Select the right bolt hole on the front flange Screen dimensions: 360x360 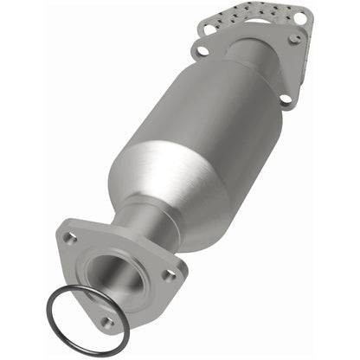click(x=170, y=274)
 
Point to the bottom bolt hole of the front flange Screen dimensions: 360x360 click(x=107, y=322)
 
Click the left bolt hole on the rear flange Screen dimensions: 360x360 click(x=202, y=51)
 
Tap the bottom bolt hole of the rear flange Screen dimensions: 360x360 click(x=285, y=101)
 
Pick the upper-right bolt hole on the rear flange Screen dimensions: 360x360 click(x=297, y=37)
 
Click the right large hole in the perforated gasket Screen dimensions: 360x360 click(x=300, y=16)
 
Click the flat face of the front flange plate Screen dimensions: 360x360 click(x=82, y=260)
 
